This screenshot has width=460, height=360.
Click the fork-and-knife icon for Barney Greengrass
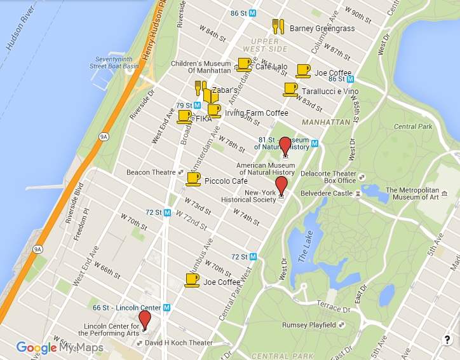pyautogui.click(x=278, y=26)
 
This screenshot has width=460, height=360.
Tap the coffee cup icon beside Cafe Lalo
pyautogui.click(x=244, y=64)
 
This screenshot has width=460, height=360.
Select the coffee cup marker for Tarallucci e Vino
pyautogui.click(x=290, y=90)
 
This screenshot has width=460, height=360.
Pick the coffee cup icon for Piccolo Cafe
pyautogui.click(x=193, y=179)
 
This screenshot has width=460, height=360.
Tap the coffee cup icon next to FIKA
pyautogui.click(x=184, y=116)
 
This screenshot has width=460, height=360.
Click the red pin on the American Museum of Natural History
pyautogui.click(x=285, y=146)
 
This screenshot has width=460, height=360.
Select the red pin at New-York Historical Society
pyautogui.click(x=281, y=187)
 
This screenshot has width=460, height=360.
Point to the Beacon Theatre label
pyautogui.click(x=151, y=172)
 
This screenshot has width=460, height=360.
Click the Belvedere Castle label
pyautogui.click(x=327, y=193)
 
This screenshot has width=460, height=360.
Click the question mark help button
pyautogui.click(x=447, y=340)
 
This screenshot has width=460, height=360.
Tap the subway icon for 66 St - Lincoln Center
pyautogui.click(x=166, y=307)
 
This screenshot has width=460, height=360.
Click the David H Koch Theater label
pyautogui.click(x=179, y=343)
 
